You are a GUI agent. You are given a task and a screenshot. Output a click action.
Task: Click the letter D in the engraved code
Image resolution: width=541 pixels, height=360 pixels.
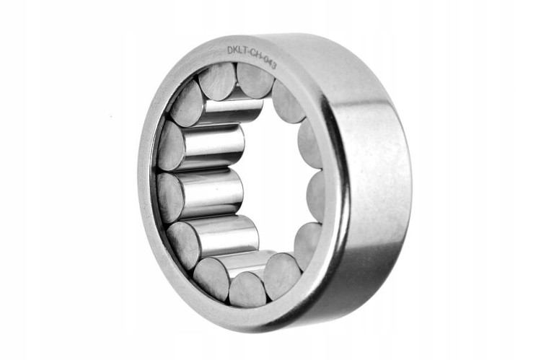click(230, 51)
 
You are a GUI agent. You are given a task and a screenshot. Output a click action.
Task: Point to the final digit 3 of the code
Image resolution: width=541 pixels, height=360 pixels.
click(273, 65)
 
